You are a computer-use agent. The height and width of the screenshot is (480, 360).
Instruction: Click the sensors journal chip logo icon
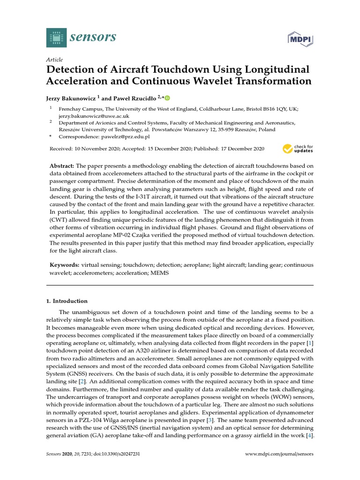(x=57, y=37)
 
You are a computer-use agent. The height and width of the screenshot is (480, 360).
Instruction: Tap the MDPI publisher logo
(x=300, y=39)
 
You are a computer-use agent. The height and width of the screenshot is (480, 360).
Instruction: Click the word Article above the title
(x=54, y=60)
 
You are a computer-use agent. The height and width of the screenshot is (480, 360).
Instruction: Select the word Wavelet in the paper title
(x=229, y=81)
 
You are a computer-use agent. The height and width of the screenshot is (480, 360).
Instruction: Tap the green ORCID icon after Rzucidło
(x=167, y=97)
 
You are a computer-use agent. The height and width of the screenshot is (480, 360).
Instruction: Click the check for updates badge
(x=298, y=149)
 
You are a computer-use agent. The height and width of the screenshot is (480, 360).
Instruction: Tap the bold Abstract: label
(x=62, y=166)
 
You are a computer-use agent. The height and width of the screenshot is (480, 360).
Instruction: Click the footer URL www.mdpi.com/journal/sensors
(x=279, y=454)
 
